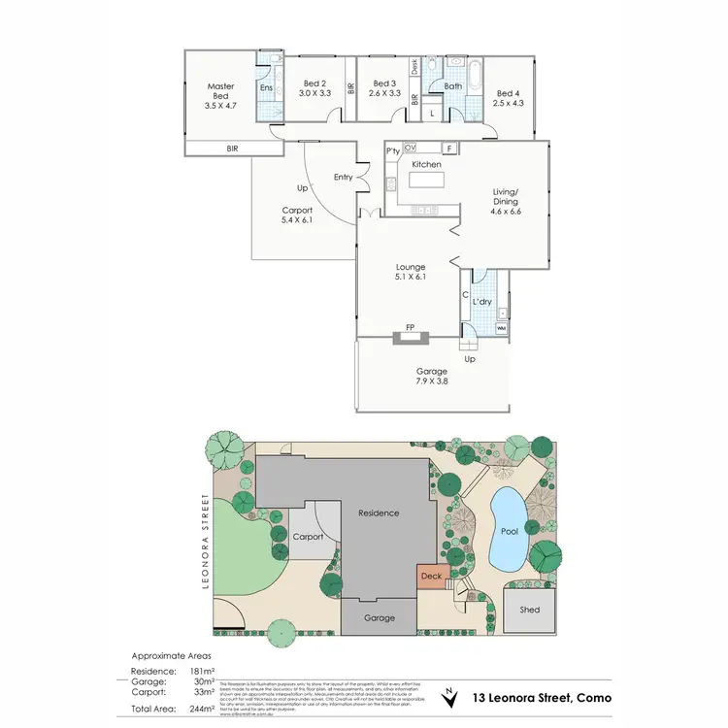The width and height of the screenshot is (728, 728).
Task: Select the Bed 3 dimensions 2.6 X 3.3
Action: coord(385,94)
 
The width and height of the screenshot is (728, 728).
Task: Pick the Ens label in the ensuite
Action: coord(265,87)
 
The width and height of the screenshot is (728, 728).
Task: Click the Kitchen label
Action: coord(426,165)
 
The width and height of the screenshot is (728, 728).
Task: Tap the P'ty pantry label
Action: coord(393,151)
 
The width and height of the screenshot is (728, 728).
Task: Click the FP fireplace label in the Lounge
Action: coord(411,328)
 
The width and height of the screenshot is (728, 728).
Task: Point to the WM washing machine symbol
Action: coord(501,329)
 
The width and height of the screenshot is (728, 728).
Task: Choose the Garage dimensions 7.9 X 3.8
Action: coord(432,381)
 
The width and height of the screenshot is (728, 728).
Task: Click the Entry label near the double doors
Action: coord(343,177)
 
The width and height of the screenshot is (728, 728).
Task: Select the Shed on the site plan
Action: coord(529,610)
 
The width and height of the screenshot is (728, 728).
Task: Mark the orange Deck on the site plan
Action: coord(432,577)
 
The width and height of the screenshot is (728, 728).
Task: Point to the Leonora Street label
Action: coord(205,540)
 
